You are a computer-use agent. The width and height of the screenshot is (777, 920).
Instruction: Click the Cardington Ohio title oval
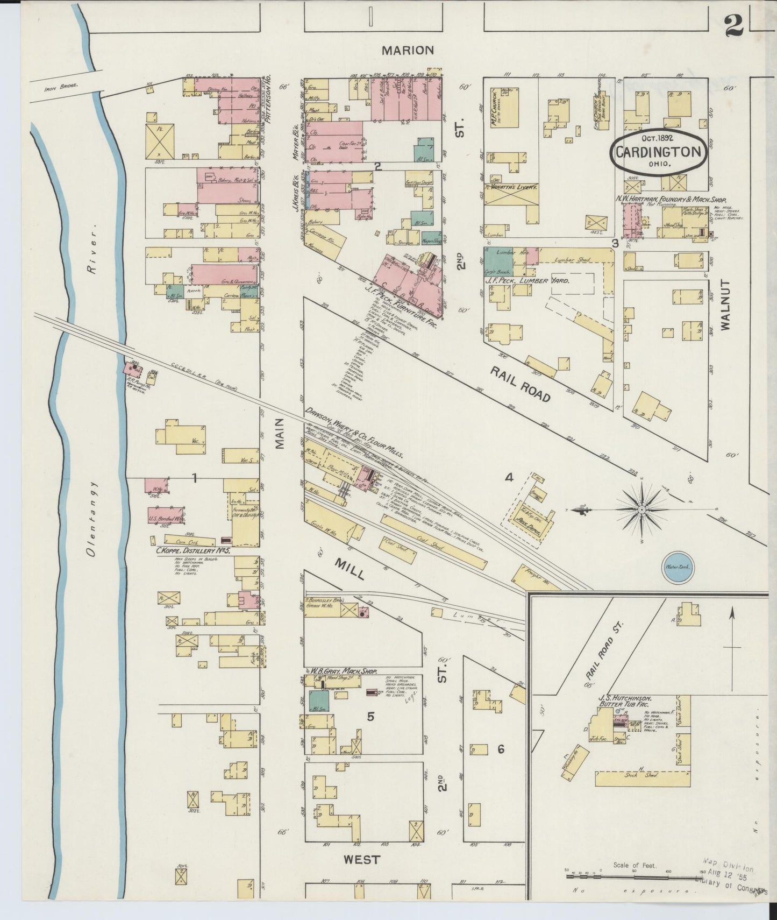(658, 152)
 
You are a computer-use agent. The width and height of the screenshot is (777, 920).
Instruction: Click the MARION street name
(408, 51)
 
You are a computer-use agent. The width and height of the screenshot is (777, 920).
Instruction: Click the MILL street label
(350, 569)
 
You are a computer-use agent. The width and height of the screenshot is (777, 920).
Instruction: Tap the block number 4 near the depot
(509, 477)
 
